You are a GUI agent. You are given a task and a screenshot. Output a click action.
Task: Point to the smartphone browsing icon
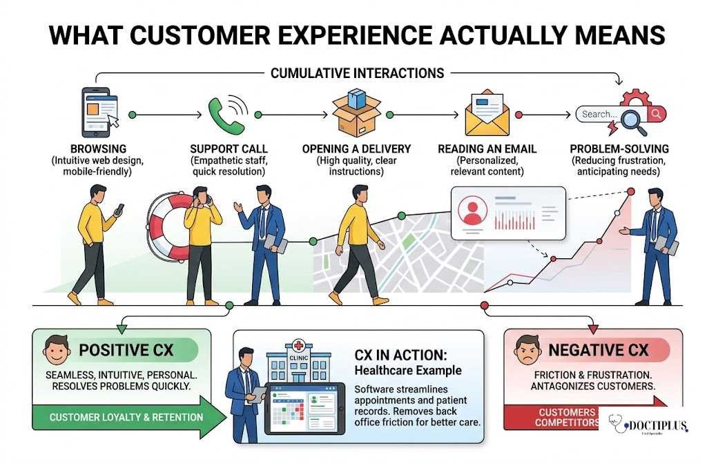pos(97,109)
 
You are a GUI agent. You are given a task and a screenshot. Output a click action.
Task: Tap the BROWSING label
pos(98,149)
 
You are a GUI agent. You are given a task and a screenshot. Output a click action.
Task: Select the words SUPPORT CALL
pos(229,149)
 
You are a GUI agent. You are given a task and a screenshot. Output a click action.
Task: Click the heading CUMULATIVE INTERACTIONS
pos(357,72)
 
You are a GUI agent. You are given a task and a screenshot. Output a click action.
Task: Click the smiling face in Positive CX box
pos(57,349)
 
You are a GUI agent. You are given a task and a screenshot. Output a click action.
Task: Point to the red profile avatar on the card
pos(473,210)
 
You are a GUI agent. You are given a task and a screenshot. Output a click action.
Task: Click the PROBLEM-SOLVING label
pos(618,149)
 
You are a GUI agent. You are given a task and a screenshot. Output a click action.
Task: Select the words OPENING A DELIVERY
pos(356,149)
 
